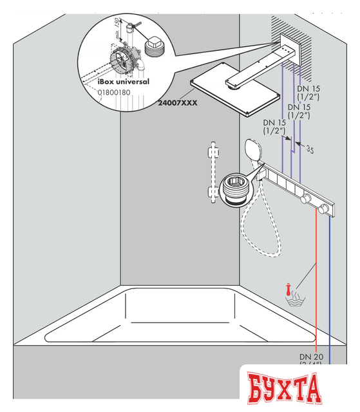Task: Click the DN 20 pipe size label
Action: click(311, 356)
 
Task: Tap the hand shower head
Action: click(253, 152)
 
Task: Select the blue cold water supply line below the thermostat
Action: click(330, 290)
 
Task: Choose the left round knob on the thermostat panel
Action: click(308, 198)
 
